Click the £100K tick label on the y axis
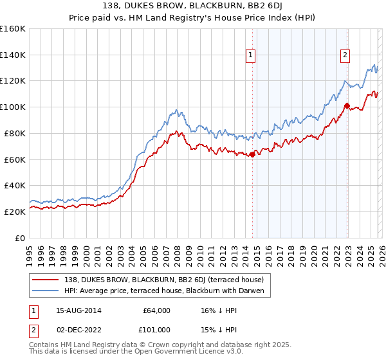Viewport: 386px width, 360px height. pos(13,107)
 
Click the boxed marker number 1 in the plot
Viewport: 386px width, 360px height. pos(251,56)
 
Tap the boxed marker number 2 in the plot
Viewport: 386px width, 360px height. pos(345,56)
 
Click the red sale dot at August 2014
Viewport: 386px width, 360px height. pos(252,154)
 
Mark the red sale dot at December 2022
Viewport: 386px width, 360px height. pos(347,105)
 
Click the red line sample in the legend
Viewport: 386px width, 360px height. pos(48,280)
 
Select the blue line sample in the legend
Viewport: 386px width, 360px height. pos(48,291)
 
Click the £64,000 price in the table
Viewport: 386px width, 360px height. pos(156,310)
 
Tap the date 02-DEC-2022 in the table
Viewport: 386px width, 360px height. pos(75,330)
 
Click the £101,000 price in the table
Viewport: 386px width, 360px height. pos(156,330)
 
